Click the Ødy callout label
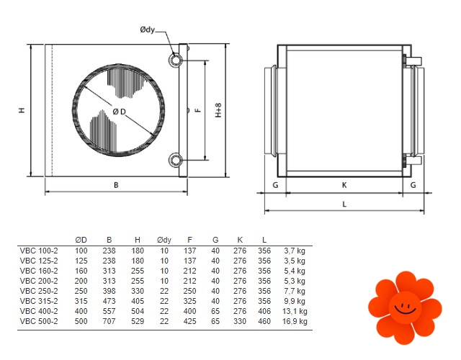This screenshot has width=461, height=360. point(147,30)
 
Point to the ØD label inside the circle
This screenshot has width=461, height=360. point(119,112)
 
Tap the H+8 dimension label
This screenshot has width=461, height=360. point(218,110)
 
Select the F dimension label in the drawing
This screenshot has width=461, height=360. point(199,110)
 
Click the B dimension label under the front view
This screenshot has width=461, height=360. point(116,185)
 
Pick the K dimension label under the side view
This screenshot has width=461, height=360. point(344,185)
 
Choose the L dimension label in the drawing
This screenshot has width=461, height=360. point(344,204)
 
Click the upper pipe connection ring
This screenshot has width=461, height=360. point(176,60)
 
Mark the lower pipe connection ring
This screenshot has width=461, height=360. point(176,160)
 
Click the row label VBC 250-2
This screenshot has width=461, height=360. point(39,291)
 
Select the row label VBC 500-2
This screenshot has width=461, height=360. point(39,321)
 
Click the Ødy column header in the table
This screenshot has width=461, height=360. point(164,240)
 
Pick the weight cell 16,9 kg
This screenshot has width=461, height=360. point(295,321)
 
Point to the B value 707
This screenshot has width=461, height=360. point(109,321)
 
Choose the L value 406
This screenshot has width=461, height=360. point(264,311)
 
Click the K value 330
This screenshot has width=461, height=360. point(240,321)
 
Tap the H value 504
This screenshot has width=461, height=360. point(138,311)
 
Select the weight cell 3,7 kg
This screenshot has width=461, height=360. point(295,251)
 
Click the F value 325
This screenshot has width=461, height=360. point(189,301)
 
